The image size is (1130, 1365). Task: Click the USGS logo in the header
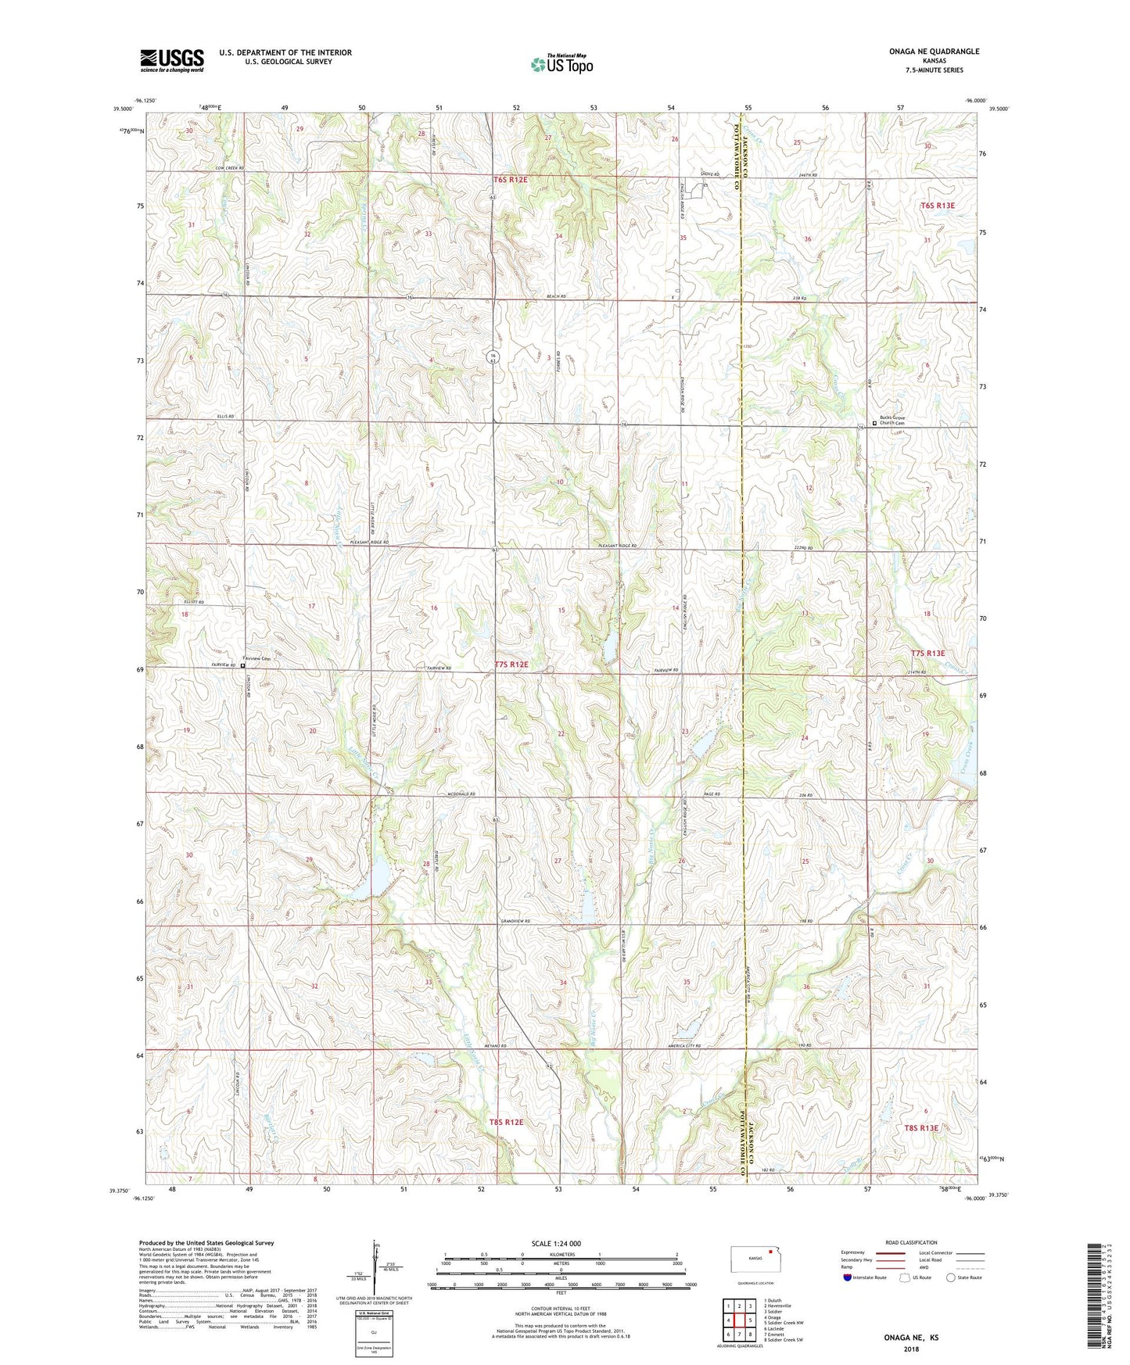pos(172,60)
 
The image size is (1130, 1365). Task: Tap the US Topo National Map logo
pos(561,63)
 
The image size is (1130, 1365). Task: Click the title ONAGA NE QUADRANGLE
pos(934,52)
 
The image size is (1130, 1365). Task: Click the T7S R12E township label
pos(511,665)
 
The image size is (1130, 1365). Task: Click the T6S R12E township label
pos(511,180)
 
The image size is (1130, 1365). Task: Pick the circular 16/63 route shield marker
pos(493,358)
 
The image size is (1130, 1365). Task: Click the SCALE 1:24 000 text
pos(556,1244)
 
